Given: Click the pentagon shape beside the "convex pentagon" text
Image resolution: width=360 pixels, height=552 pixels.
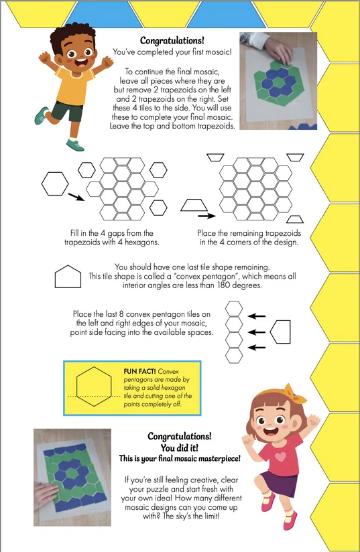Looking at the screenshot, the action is coord(68,277).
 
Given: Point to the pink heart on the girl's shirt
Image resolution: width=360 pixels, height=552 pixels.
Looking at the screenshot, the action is coord(280,457).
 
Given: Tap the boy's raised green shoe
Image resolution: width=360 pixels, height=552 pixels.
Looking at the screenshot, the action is coord(42,115).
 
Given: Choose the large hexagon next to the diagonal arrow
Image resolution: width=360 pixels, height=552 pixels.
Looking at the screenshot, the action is coord(55,184).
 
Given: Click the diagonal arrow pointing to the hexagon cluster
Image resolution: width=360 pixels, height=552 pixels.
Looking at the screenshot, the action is coord(76,197).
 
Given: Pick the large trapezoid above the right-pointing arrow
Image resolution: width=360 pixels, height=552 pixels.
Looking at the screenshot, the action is coord(194,205).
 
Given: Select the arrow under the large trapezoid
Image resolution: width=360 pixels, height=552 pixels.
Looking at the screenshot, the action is coord(206,216).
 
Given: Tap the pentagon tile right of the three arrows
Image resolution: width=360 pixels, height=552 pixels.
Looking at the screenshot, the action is coord(280,332).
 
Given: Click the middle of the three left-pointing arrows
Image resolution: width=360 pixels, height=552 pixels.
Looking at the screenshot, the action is coord(257,332).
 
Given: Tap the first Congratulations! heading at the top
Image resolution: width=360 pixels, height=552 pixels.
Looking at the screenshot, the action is coord(172,41).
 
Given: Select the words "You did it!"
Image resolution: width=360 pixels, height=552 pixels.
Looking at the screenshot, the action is coord(179,447).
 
